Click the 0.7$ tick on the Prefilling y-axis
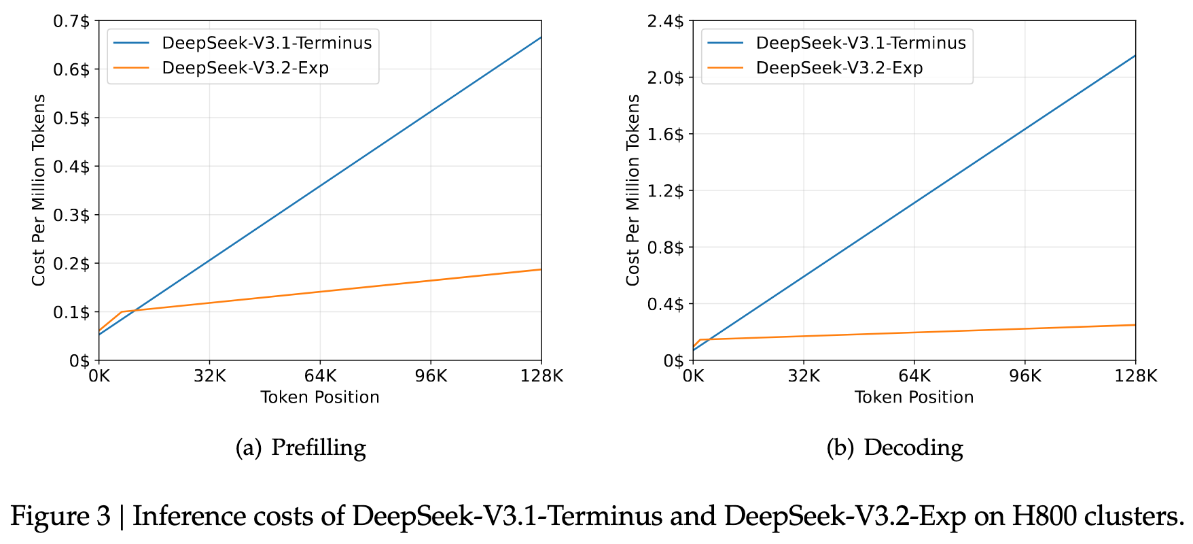(71, 21)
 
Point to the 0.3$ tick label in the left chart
(71, 215)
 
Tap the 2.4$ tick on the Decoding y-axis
(665, 21)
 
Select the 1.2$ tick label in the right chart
(665, 190)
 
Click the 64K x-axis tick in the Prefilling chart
(320, 375)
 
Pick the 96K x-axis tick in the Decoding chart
(1025, 375)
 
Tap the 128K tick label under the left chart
(541, 375)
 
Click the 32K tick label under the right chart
(804, 375)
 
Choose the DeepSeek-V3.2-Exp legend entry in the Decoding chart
(839, 68)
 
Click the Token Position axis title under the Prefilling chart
(320, 397)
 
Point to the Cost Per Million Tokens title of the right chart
(633, 190)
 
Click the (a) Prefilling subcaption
(301, 447)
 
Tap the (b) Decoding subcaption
(895, 447)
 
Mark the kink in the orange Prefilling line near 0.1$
(121, 312)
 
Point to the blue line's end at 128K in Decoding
(1135, 56)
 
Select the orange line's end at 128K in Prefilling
(541, 270)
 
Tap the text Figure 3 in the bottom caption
(60, 517)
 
